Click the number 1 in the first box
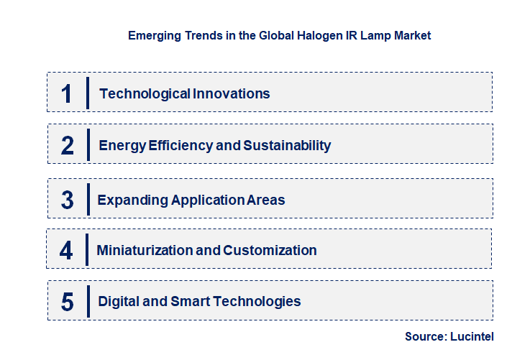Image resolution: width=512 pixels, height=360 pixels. [67, 93]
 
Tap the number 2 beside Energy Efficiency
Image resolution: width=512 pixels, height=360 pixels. [68, 146]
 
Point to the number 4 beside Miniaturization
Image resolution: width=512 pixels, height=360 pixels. [66, 251]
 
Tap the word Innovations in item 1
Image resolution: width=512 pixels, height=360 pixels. [231, 93]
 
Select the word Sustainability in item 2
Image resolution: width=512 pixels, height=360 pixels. [287, 146]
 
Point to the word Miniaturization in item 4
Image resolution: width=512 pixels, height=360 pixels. [145, 251]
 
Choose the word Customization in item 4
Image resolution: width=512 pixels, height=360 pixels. [270, 251]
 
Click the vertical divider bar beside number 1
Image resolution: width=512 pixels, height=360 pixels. [87, 93]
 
